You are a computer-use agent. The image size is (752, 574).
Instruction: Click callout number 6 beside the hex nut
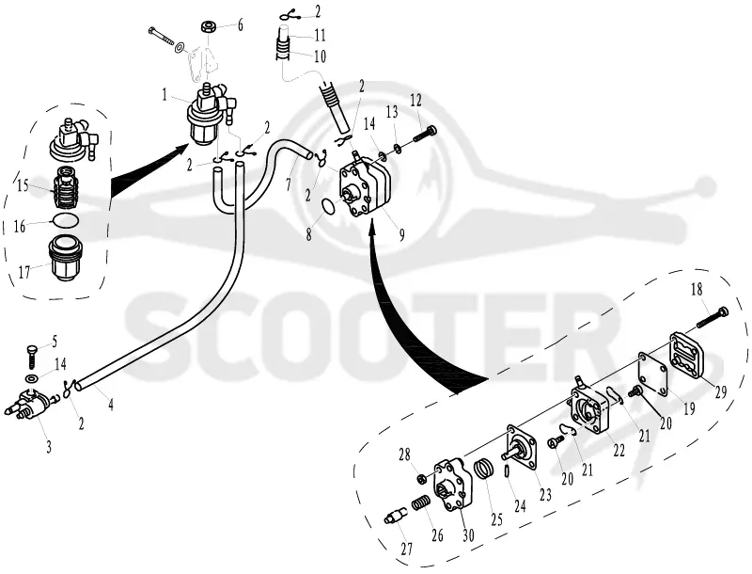pos(240,24)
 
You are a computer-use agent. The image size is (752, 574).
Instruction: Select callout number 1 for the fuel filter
pos(165,95)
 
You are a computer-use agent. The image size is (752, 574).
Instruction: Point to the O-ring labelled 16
pos(66,221)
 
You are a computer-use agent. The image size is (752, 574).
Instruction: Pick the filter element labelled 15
pos(66,186)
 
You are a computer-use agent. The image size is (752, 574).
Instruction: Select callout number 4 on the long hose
pos(111,405)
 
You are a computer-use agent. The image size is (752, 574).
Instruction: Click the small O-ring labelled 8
pos(328,207)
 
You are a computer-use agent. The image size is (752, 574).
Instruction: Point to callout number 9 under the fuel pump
pos(401,234)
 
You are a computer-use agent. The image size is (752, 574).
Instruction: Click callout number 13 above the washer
pos(391,113)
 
